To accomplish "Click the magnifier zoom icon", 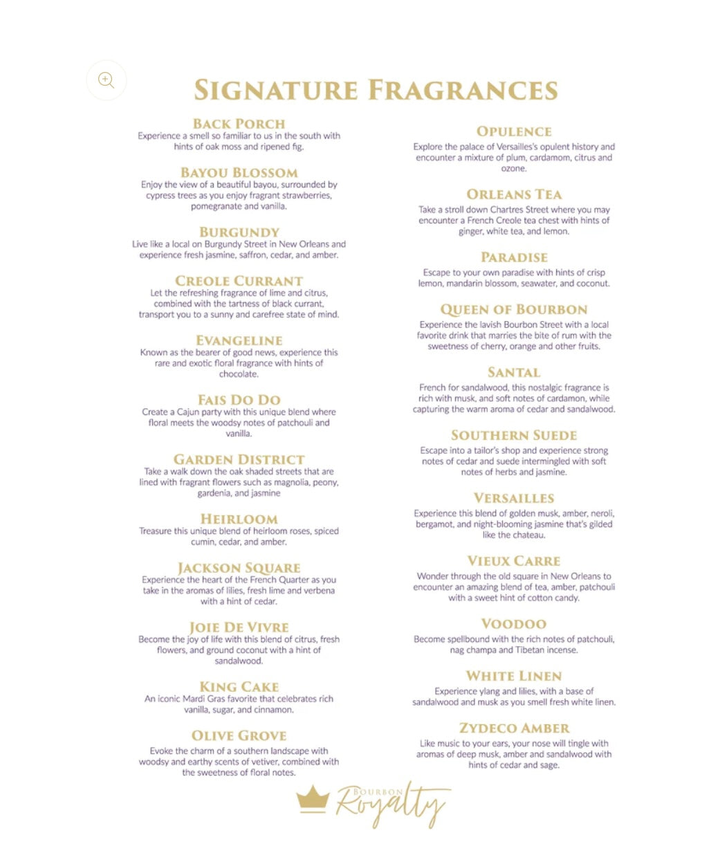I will tap(106, 80).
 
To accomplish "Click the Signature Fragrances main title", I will tap(376, 91).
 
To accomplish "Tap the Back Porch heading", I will tap(239, 124).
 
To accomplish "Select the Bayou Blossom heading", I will tap(239, 173).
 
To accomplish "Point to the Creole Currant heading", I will tap(239, 281).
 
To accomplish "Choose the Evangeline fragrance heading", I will tap(239, 340).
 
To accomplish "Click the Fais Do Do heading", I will tap(239, 400).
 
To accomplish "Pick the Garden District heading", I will tap(239, 459).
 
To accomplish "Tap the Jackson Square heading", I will tap(239, 568).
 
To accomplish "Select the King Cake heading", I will tap(239, 687).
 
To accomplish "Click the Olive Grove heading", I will tap(239, 736).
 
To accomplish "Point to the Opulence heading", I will tap(514, 131).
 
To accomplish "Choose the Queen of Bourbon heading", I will tap(514, 310).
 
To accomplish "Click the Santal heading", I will tap(514, 373).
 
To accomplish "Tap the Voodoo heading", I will tap(514, 624).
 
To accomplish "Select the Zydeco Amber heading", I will tap(514, 728).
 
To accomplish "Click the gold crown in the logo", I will tap(313, 799).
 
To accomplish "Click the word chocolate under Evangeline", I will tap(239, 374).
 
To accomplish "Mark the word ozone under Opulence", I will tap(514, 169).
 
